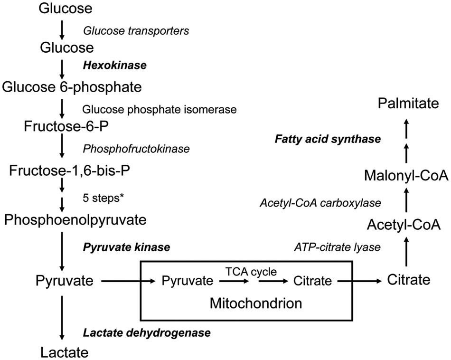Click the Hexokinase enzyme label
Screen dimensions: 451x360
point(115,66)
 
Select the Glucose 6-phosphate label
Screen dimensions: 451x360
point(72,87)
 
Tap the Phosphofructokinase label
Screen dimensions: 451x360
point(136,149)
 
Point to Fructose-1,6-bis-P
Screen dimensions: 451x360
point(69,171)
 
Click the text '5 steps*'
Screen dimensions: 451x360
point(103,198)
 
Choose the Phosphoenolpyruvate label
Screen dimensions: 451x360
point(75,220)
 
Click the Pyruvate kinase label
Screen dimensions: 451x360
point(127,247)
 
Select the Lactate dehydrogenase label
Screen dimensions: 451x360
point(147,332)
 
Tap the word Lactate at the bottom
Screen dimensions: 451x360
point(65,352)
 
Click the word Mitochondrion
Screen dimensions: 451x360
point(256,303)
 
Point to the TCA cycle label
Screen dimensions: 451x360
point(251,271)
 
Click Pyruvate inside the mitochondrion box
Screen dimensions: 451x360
point(188,281)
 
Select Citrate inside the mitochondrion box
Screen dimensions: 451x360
point(313,281)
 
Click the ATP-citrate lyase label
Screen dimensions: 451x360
point(338,247)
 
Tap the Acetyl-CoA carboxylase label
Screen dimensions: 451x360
point(320,203)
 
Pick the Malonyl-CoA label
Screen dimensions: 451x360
point(406,176)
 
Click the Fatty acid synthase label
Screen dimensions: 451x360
point(328,139)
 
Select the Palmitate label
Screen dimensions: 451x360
point(408,104)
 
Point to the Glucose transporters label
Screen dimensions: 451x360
point(136,30)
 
